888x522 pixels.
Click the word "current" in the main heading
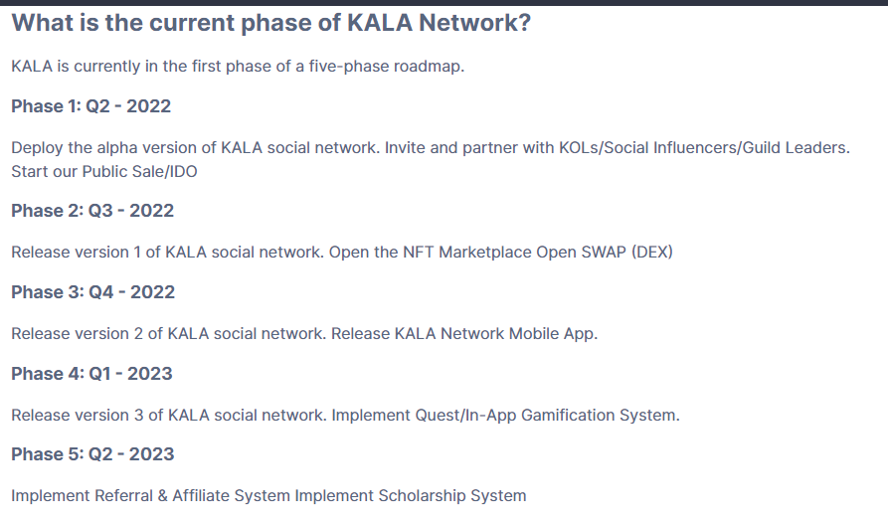[x=192, y=23]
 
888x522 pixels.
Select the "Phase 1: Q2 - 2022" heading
[x=91, y=106]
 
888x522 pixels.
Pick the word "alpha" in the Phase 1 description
[x=117, y=148]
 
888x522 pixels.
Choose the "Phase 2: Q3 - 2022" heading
[x=92, y=211]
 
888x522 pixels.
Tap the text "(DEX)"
[x=652, y=252]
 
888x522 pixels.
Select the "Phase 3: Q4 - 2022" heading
[x=92, y=292]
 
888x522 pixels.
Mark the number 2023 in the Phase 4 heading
[x=149, y=374]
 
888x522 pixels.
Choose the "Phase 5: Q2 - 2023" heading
[x=92, y=454]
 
